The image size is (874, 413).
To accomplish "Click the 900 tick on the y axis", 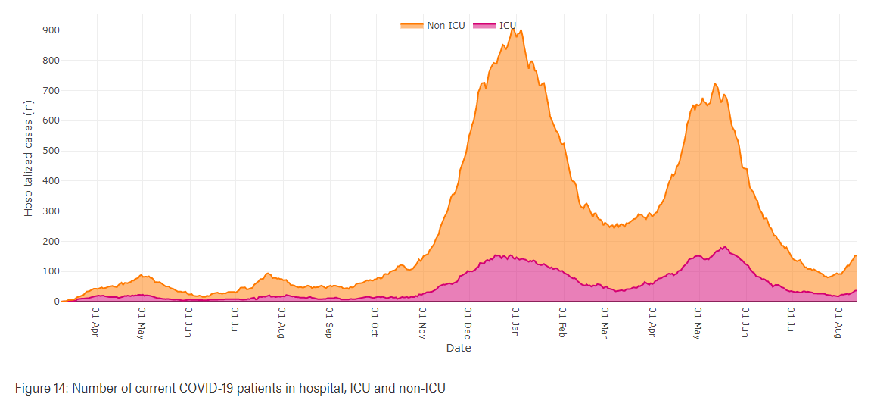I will click(x=50, y=30).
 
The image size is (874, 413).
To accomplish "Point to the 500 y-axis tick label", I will click(x=50, y=151).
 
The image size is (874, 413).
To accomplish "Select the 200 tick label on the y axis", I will click(x=50, y=242).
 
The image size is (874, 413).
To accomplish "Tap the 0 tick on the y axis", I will click(x=56, y=302).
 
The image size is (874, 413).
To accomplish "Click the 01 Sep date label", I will click(x=328, y=321).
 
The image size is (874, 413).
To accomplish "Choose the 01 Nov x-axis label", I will click(x=422, y=321).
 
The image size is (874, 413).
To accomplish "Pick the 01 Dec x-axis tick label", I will click(x=468, y=321).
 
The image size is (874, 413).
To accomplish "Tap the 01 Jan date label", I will click(x=515, y=321).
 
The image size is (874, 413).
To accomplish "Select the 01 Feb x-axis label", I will click(x=562, y=321).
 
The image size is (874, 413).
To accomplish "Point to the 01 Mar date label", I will click(x=605, y=321).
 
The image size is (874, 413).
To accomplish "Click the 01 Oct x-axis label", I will click(x=374, y=321).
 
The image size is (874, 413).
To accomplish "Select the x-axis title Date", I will click(x=458, y=348).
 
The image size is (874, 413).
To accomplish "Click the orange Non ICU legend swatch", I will click(x=412, y=26).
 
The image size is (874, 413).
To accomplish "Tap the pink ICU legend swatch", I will click(x=484, y=26).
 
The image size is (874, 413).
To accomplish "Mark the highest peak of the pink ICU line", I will click(x=725, y=246).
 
